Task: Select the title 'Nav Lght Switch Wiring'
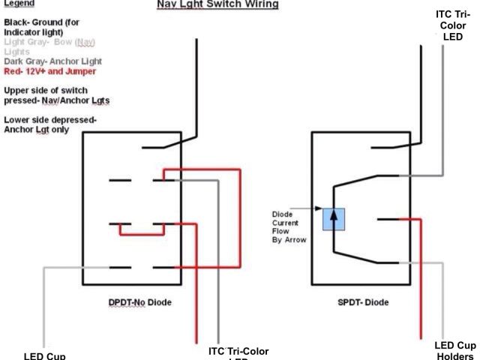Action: [217, 4]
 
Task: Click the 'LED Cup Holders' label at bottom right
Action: [454, 350]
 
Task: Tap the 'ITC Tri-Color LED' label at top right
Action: [454, 25]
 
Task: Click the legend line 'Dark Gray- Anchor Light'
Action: [52, 61]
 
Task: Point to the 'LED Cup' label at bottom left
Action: [44, 355]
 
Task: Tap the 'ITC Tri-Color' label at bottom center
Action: [238, 352]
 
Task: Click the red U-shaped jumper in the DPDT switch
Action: [142, 232]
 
